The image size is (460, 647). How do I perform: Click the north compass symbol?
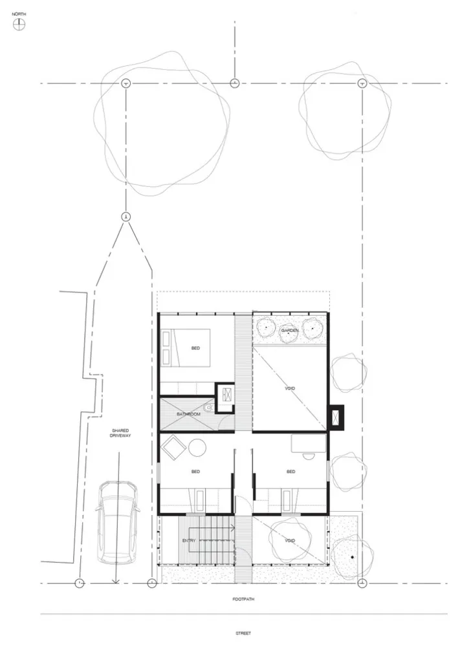click(x=19, y=25)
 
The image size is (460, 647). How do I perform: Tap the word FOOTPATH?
click(x=243, y=598)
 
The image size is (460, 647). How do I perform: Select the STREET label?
click(x=243, y=633)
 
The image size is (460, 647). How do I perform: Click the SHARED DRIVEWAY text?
click(x=120, y=433)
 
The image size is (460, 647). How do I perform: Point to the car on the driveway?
click(x=118, y=522)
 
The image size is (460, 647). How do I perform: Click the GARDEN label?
click(x=290, y=331)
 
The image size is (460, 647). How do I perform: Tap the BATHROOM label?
click(x=188, y=414)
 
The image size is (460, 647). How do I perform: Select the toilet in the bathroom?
click(x=208, y=408)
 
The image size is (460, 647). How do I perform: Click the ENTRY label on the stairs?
click(x=188, y=540)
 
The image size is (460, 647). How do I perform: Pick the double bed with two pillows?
click(x=186, y=347)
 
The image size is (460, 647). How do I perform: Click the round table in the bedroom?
click(x=197, y=448)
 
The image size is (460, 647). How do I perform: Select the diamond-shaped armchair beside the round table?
click(x=173, y=447)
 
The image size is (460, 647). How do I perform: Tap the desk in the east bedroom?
click(x=309, y=444)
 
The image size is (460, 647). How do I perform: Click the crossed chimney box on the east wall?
click(x=336, y=417)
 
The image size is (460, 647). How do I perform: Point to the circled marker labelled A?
click(x=126, y=217)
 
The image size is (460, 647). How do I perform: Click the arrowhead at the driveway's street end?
click(x=116, y=582)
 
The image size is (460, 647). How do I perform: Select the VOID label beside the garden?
click(x=290, y=388)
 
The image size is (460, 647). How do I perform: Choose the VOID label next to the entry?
click(x=290, y=540)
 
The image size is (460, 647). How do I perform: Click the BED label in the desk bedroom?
click(x=291, y=472)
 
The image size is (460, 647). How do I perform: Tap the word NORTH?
click(x=19, y=14)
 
